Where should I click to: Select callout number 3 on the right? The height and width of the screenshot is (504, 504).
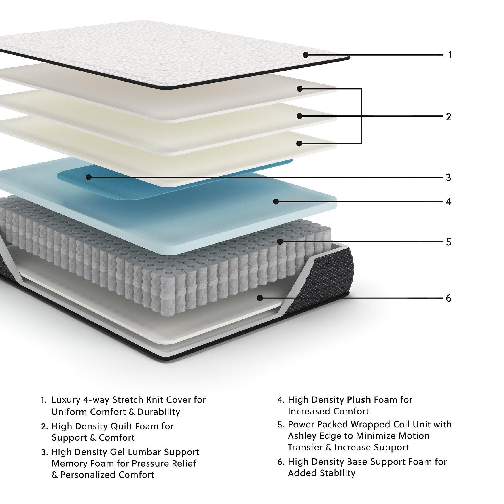[448, 177]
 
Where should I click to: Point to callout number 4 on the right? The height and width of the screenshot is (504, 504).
[448, 202]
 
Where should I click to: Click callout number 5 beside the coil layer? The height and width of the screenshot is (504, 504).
[448, 242]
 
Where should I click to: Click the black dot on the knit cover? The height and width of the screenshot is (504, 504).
[306, 55]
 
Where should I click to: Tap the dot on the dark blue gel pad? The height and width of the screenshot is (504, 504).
[89, 177]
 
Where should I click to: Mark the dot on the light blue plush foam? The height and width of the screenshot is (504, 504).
[276, 202]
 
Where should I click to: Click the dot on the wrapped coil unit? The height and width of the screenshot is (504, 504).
[280, 242]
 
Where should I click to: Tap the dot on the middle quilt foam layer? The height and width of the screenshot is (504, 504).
[300, 116]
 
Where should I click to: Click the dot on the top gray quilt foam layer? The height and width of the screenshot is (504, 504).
[300, 89]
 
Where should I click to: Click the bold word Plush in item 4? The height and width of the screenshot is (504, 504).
[359, 400]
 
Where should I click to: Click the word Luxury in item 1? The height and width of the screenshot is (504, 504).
[66, 400]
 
